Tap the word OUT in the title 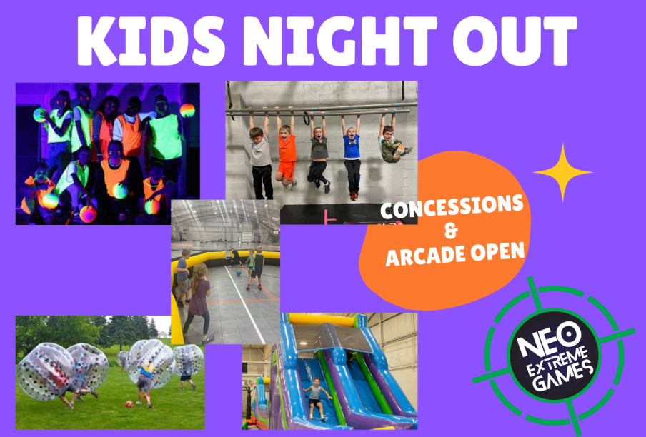515,40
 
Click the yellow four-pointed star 562,172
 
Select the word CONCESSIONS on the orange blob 452,207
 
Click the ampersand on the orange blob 451,231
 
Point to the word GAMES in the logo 563,376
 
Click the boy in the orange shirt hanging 286,151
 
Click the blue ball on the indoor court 239,272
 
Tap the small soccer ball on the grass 129,403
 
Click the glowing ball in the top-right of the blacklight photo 187,110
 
